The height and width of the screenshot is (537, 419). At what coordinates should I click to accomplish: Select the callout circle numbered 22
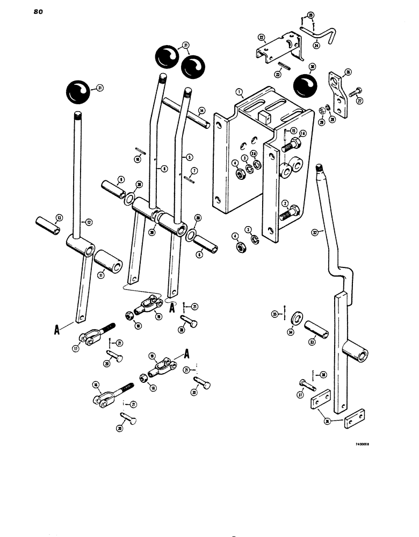click(x=261, y=37)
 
